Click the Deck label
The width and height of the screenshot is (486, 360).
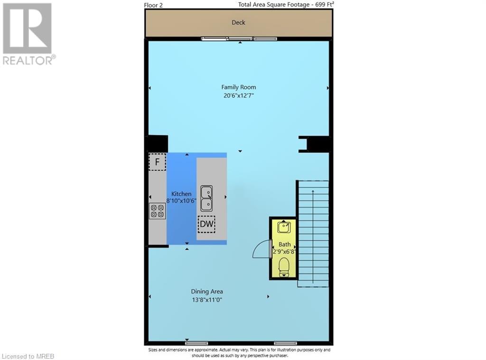238,22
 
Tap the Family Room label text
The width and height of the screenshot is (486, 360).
239,87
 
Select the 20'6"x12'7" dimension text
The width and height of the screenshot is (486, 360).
239,95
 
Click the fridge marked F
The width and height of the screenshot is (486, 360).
157,161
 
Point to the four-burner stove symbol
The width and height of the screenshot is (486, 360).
157,211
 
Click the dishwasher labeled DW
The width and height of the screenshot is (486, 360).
206,224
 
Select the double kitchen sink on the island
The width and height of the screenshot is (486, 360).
206,199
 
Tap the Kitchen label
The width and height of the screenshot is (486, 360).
181,194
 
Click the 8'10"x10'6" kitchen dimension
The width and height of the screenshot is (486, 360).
181,200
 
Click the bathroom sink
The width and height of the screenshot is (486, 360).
284,227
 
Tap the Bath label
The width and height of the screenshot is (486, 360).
285,244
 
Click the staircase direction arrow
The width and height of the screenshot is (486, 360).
313,237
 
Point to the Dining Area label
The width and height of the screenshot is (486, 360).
207,292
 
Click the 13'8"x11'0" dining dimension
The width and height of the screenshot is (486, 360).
207,300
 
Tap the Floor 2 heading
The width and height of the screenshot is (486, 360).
153,5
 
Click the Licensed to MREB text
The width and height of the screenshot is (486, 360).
28,357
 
